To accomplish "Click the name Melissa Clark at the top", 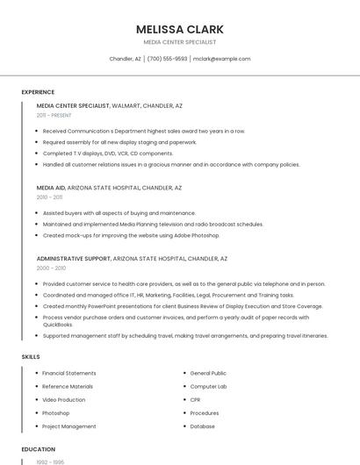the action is [179, 29].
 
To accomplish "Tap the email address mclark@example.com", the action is [221, 59].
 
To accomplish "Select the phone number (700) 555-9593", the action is [167, 59].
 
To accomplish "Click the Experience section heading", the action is [38, 91].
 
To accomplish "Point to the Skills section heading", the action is [31, 357].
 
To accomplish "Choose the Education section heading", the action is [38, 449].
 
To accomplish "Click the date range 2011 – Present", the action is [54, 115].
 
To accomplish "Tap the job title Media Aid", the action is [51, 188].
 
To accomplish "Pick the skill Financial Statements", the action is [69, 373].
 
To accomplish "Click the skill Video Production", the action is [64, 399].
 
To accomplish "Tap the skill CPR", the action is [197, 399].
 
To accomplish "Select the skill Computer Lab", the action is [208, 386].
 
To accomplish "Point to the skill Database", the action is [202, 426].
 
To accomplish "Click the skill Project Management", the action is [69, 426].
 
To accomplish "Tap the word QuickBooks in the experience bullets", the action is [58, 325].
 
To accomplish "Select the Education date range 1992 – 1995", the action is [49, 461].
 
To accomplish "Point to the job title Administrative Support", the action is [74, 259].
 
